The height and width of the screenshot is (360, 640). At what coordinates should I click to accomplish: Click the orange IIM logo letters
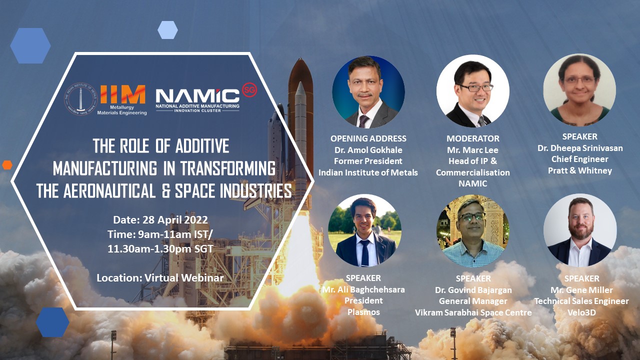123,94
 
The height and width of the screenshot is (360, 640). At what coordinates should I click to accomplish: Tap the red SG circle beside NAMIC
249,90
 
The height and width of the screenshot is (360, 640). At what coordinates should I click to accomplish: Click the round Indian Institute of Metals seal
81,99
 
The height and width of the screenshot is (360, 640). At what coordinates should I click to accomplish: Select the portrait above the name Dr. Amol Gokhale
368,92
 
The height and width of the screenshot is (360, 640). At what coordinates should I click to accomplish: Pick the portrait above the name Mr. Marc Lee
473,91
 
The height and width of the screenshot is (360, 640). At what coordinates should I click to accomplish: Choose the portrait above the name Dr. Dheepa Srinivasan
579,90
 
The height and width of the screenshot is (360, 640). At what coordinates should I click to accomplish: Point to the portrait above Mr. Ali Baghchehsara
364,230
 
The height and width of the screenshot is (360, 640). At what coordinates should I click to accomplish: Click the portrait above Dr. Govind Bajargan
473,231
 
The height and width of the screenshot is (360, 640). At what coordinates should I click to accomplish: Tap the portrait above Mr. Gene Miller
580,230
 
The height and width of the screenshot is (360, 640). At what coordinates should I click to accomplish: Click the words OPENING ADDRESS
368,138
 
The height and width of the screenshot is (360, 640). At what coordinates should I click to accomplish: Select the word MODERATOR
473,138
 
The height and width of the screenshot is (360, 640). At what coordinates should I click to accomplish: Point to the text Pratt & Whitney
579,170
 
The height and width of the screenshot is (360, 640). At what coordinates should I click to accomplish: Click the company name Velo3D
581,312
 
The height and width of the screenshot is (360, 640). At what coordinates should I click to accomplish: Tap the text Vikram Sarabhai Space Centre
473,312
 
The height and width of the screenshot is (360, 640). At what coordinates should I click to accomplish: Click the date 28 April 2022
175,219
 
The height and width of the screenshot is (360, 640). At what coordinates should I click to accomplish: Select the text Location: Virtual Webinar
160,277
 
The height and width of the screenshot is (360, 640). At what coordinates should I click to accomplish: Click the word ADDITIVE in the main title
202,145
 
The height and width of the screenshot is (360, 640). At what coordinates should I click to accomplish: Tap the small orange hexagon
7,165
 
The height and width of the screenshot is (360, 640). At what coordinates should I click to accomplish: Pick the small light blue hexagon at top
167,30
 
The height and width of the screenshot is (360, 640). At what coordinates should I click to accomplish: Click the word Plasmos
363,312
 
